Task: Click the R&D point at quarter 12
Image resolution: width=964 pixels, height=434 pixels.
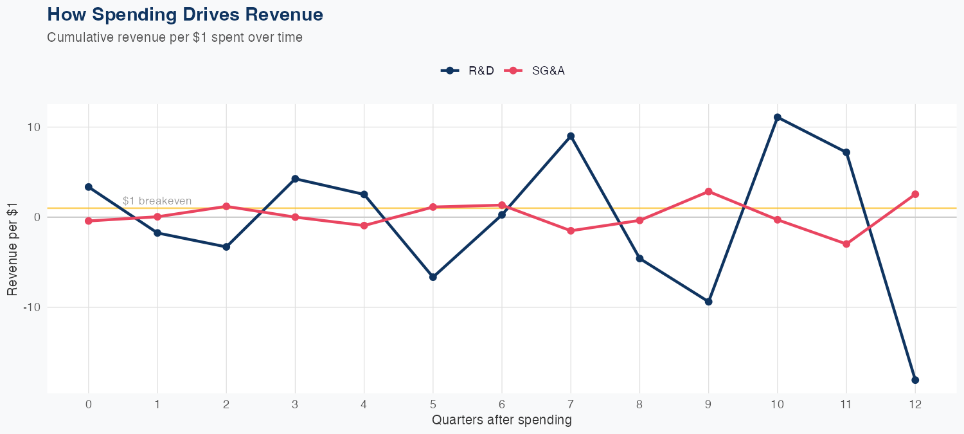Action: [915, 380]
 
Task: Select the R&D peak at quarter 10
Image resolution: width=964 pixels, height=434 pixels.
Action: [778, 117]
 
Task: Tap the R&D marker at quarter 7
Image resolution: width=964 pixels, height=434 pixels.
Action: [571, 136]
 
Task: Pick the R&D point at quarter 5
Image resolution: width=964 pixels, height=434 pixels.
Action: [433, 277]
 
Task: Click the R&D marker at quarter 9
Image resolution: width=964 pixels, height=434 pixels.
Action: [708, 302]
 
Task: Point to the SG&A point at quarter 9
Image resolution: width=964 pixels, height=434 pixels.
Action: [708, 192]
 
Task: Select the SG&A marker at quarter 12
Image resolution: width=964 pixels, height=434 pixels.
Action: [915, 194]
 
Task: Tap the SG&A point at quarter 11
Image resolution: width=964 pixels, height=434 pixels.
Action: [846, 244]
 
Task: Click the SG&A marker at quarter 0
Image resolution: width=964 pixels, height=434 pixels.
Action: [89, 221]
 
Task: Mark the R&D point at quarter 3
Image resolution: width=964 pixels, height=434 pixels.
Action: [295, 179]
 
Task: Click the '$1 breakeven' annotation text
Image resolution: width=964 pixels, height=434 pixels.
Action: [157, 201]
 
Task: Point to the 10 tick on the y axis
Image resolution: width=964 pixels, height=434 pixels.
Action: [33, 127]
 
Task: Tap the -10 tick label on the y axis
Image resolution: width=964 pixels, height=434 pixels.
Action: [31, 307]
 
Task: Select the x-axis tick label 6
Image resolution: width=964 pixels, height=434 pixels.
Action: [502, 404]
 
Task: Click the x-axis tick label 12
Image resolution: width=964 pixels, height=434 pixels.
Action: [915, 404]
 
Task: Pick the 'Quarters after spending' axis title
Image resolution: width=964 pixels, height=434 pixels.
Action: [502, 420]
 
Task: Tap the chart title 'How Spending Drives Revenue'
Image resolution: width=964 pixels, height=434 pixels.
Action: [185, 14]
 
